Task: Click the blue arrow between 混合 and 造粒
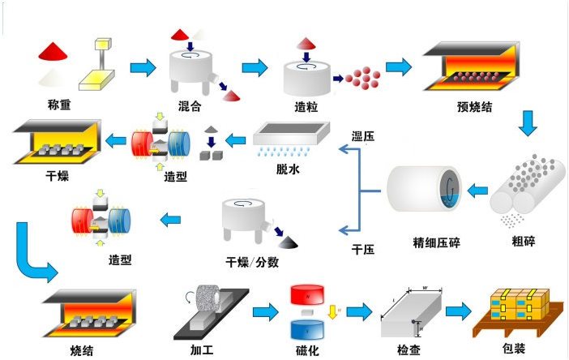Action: coord(254,68)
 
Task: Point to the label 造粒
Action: coord(307,106)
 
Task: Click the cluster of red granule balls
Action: coord(363,79)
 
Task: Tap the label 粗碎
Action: coord(524,241)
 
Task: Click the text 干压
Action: coord(362,249)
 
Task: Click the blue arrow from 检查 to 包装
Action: coord(458,311)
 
